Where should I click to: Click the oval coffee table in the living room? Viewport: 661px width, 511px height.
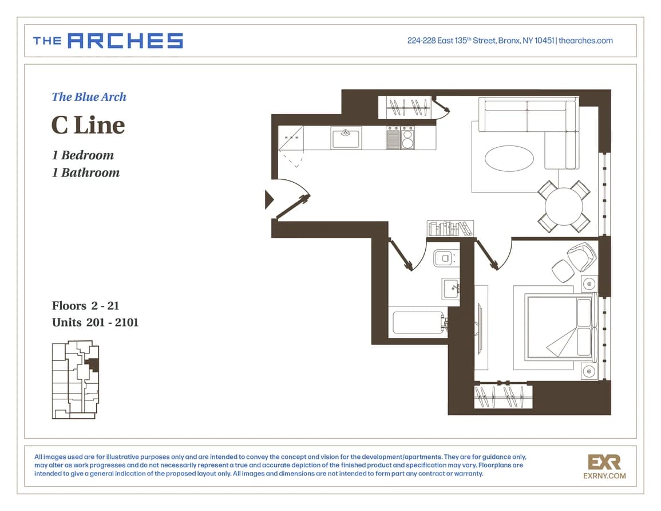pos(509,159)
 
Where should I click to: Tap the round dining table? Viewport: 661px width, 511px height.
pos(564,207)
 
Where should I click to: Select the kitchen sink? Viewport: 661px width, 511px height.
pos(346,139)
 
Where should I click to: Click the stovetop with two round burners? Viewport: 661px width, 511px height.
pos(407,138)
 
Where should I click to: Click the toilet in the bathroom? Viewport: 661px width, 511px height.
pos(446,258)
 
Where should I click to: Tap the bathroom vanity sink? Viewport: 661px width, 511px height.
pos(450,289)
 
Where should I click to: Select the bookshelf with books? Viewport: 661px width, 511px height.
pos(450,228)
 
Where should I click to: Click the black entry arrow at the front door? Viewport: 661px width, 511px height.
pos(269,199)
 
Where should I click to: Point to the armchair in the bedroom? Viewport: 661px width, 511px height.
pos(581,256)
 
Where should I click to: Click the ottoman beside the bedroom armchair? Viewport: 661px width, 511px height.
pos(563,271)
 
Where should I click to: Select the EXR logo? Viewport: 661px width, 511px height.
pos(604,462)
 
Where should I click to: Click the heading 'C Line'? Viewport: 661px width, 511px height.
pos(88,125)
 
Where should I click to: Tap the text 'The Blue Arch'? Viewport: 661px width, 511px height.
pos(89,97)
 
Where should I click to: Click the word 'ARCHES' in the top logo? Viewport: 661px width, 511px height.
pos(125,41)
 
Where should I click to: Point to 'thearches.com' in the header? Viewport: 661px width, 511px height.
pos(585,41)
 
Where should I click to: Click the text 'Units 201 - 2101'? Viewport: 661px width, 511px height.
pos(95,323)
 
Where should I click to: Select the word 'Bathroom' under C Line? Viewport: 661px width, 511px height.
pos(90,172)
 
